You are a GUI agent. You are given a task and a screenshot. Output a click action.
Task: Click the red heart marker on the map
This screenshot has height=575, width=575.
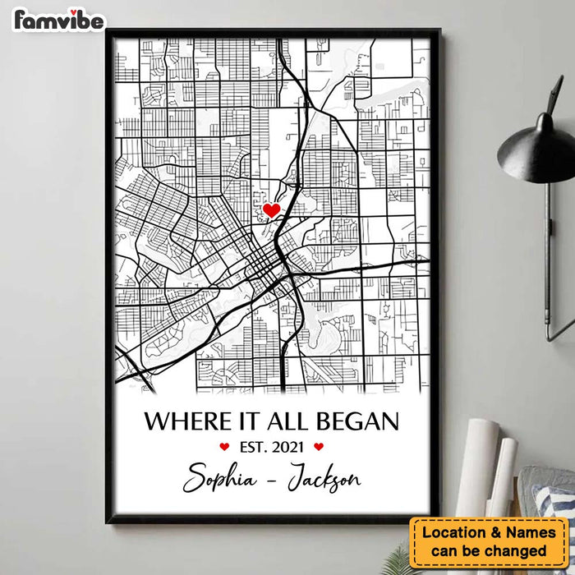point(271,210)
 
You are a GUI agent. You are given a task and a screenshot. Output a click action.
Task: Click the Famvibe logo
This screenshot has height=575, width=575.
point(58,20)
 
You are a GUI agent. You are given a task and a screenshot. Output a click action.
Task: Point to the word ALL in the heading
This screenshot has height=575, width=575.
point(290,422)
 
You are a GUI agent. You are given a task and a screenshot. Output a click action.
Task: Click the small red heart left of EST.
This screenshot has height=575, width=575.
point(224,448)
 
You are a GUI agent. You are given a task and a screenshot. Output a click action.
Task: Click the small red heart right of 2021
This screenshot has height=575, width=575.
point(320,448)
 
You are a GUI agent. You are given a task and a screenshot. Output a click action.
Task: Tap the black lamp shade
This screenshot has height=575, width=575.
point(538,148)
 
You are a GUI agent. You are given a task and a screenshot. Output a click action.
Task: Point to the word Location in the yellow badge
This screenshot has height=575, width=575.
point(457,532)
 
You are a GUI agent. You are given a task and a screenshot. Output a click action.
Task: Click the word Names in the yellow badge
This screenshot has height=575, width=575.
point(531,532)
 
